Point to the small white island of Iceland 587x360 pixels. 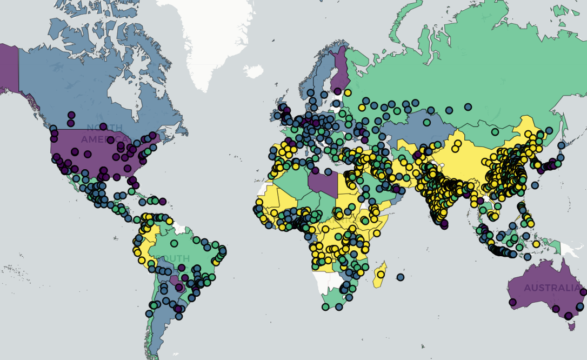point(252,71)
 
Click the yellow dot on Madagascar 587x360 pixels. point(380,274)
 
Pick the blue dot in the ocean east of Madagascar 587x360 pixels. point(400,277)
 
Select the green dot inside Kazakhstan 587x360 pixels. point(426,123)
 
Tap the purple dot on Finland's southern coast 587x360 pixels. point(338,91)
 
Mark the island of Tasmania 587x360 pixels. point(569,325)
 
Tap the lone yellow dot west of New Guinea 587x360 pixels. point(536,244)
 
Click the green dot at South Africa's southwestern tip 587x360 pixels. point(325,307)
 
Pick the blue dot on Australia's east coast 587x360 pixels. point(583,292)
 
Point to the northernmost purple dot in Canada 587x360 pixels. point(71,115)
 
